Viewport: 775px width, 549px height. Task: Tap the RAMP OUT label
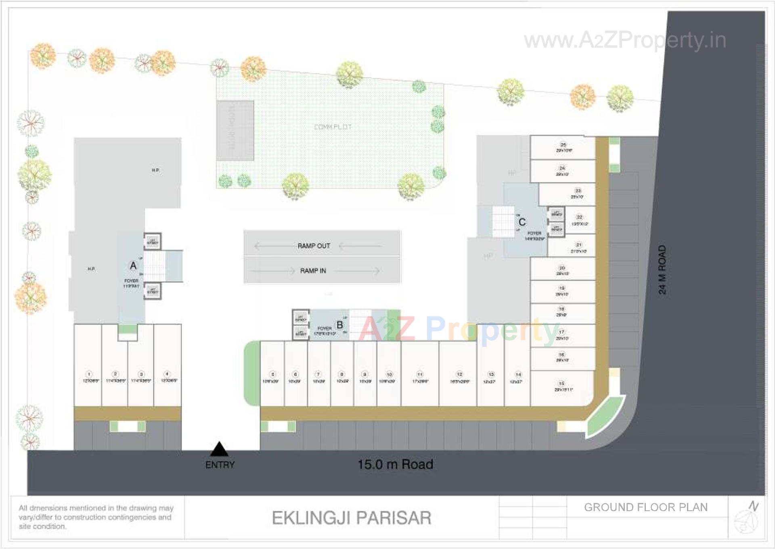[314, 246]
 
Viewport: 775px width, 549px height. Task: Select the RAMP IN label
[313, 271]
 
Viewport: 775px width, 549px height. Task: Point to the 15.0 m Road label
[395, 464]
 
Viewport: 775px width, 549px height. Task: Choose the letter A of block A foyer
[133, 265]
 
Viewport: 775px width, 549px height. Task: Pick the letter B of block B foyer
[340, 325]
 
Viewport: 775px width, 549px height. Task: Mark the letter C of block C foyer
[522, 222]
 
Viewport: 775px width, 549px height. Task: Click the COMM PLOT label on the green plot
[333, 127]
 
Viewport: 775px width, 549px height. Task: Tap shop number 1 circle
[89, 374]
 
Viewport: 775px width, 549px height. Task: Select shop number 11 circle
[420, 374]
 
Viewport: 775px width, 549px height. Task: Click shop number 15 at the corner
[561, 383]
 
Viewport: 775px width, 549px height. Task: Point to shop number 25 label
[563, 144]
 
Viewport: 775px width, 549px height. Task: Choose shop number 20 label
[562, 268]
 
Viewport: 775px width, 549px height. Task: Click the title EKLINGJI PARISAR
[352, 518]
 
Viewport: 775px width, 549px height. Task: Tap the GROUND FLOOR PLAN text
[646, 507]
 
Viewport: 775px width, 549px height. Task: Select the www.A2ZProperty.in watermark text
[625, 40]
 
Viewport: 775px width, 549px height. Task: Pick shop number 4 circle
[167, 374]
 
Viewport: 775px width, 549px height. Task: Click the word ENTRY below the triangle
[220, 465]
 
